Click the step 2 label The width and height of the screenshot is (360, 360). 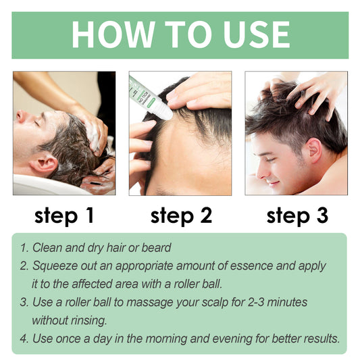181,215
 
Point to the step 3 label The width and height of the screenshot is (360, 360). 297,215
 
